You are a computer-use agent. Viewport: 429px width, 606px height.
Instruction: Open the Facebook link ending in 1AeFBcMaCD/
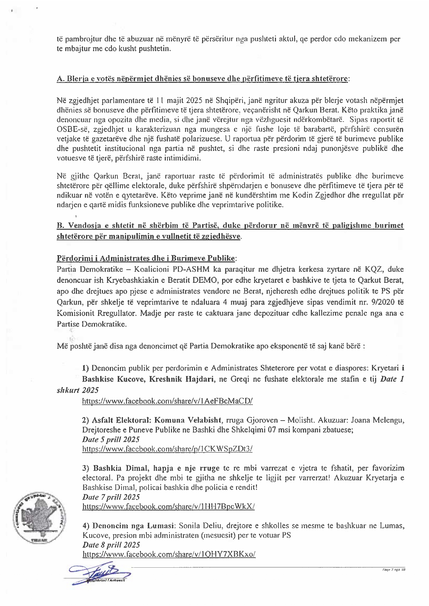click(168, 401)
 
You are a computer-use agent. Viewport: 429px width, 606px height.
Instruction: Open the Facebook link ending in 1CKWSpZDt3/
click(167, 449)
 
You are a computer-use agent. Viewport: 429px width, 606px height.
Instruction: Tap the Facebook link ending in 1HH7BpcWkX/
click(169, 507)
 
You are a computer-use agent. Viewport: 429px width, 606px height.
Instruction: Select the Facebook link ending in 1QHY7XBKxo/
click(169, 554)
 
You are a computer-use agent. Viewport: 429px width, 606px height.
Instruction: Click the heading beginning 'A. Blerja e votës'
click(203, 79)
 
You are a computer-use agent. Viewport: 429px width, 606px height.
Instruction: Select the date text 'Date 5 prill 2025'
click(111, 440)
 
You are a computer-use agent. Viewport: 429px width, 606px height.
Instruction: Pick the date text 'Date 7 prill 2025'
click(111, 497)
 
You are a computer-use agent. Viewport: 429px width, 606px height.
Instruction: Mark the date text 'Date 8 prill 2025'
click(111, 545)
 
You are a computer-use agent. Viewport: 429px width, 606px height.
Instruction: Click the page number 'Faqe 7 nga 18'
click(394, 570)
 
